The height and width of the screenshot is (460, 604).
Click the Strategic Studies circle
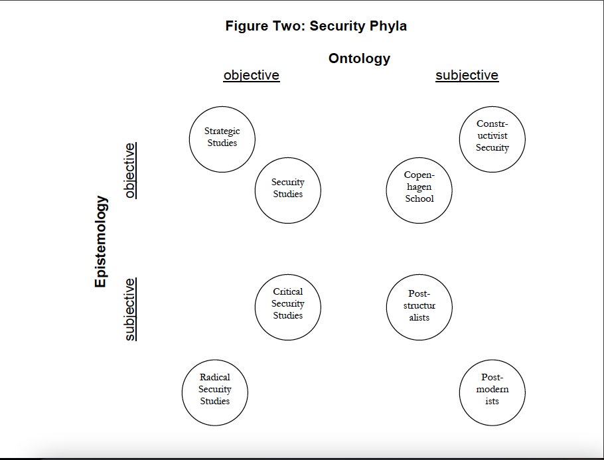(x=222, y=139)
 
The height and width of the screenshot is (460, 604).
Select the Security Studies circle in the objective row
(x=287, y=191)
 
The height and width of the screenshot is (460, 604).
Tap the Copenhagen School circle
(x=419, y=191)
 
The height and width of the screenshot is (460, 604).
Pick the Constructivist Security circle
(x=492, y=139)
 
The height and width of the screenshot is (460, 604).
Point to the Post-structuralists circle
(x=419, y=307)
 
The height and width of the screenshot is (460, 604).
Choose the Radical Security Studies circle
(x=214, y=392)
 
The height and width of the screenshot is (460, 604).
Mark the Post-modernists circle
(x=492, y=392)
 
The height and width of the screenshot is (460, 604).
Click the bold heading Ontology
(x=359, y=58)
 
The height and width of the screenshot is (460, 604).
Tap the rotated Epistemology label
(x=100, y=241)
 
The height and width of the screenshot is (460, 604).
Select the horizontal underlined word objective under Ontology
(x=252, y=75)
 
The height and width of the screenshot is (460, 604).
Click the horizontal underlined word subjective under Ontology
(x=467, y=75)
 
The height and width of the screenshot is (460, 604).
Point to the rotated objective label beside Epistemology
(x=130, y=171)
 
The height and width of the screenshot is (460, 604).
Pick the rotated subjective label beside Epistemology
(x=130, y=309)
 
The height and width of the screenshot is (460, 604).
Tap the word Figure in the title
(x=246, y=27)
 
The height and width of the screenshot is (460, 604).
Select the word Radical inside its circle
(x=215, y=377)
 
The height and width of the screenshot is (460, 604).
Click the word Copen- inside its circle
(x=419, y=175)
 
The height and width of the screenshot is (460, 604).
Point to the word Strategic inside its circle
(x=222, y=131)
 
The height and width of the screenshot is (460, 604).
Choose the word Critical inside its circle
(x=287, y=291)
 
